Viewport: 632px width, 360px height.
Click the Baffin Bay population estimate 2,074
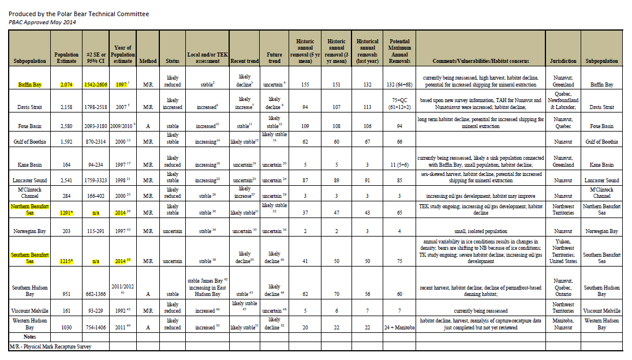pos(66,84)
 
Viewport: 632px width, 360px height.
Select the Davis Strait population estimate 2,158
pos(66,107)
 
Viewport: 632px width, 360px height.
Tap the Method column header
pos(148,61)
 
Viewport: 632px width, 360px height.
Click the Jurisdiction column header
pos(563,61)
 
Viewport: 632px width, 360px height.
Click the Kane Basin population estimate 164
pos(66,164)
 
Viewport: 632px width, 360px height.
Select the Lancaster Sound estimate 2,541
pos(66,180)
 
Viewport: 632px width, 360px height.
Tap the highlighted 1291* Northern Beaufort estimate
pos(66,212)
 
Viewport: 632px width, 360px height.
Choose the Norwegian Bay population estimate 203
pos(66,231)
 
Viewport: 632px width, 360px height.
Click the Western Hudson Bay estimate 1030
pos(66,327)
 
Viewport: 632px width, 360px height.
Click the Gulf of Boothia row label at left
pos(28,141)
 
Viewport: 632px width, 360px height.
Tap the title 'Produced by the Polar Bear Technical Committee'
pos(78,13)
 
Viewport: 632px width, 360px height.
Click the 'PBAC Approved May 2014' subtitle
pos(42,22)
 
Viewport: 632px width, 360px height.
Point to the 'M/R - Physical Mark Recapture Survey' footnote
pos(50,347)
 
